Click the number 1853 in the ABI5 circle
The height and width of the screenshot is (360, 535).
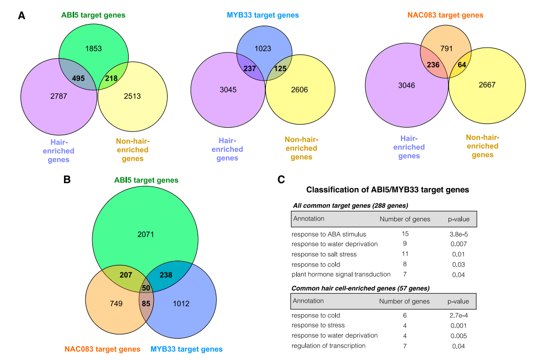tap(93, 49)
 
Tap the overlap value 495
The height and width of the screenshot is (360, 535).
tap(78, 79)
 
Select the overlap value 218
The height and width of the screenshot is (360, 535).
tap(111, 79)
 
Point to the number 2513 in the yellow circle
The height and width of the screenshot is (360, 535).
tap(132, 96)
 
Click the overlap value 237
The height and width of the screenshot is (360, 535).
tap(250, 68)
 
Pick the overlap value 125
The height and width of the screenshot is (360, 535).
tap(280, 68)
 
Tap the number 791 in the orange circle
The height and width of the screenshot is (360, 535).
tap(446, 49)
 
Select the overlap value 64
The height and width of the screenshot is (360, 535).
tap(462, 65)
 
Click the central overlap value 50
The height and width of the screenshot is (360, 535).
tap(146, 288)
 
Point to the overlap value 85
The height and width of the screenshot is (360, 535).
tap(146, 304)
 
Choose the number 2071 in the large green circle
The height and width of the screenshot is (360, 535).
tap(146, 234)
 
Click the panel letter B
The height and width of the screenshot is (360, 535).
tap(67, 179)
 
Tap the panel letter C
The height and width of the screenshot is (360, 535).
tap(281, 179)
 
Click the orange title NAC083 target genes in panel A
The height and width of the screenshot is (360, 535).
tap(445, 15)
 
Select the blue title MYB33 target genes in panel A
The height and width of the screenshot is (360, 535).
tap(263, 15)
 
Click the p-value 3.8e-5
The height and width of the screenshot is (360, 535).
tap(459, 234)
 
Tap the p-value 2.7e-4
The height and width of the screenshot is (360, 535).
tap(459, 316)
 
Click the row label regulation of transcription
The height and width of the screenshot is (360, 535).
tap(328, 346)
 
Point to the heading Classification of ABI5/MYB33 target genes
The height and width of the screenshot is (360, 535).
tap(388, 190)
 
